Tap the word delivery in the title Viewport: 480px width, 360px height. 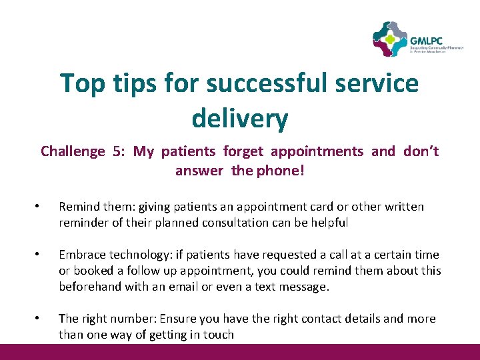(240, 119)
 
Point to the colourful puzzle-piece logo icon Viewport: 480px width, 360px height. (389, 39)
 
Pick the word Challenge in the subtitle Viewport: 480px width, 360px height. (73, 151)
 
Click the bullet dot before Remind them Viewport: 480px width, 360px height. (39, 207)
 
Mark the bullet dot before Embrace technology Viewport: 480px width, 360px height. (39, 255)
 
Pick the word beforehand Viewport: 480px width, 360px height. (89, 287)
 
